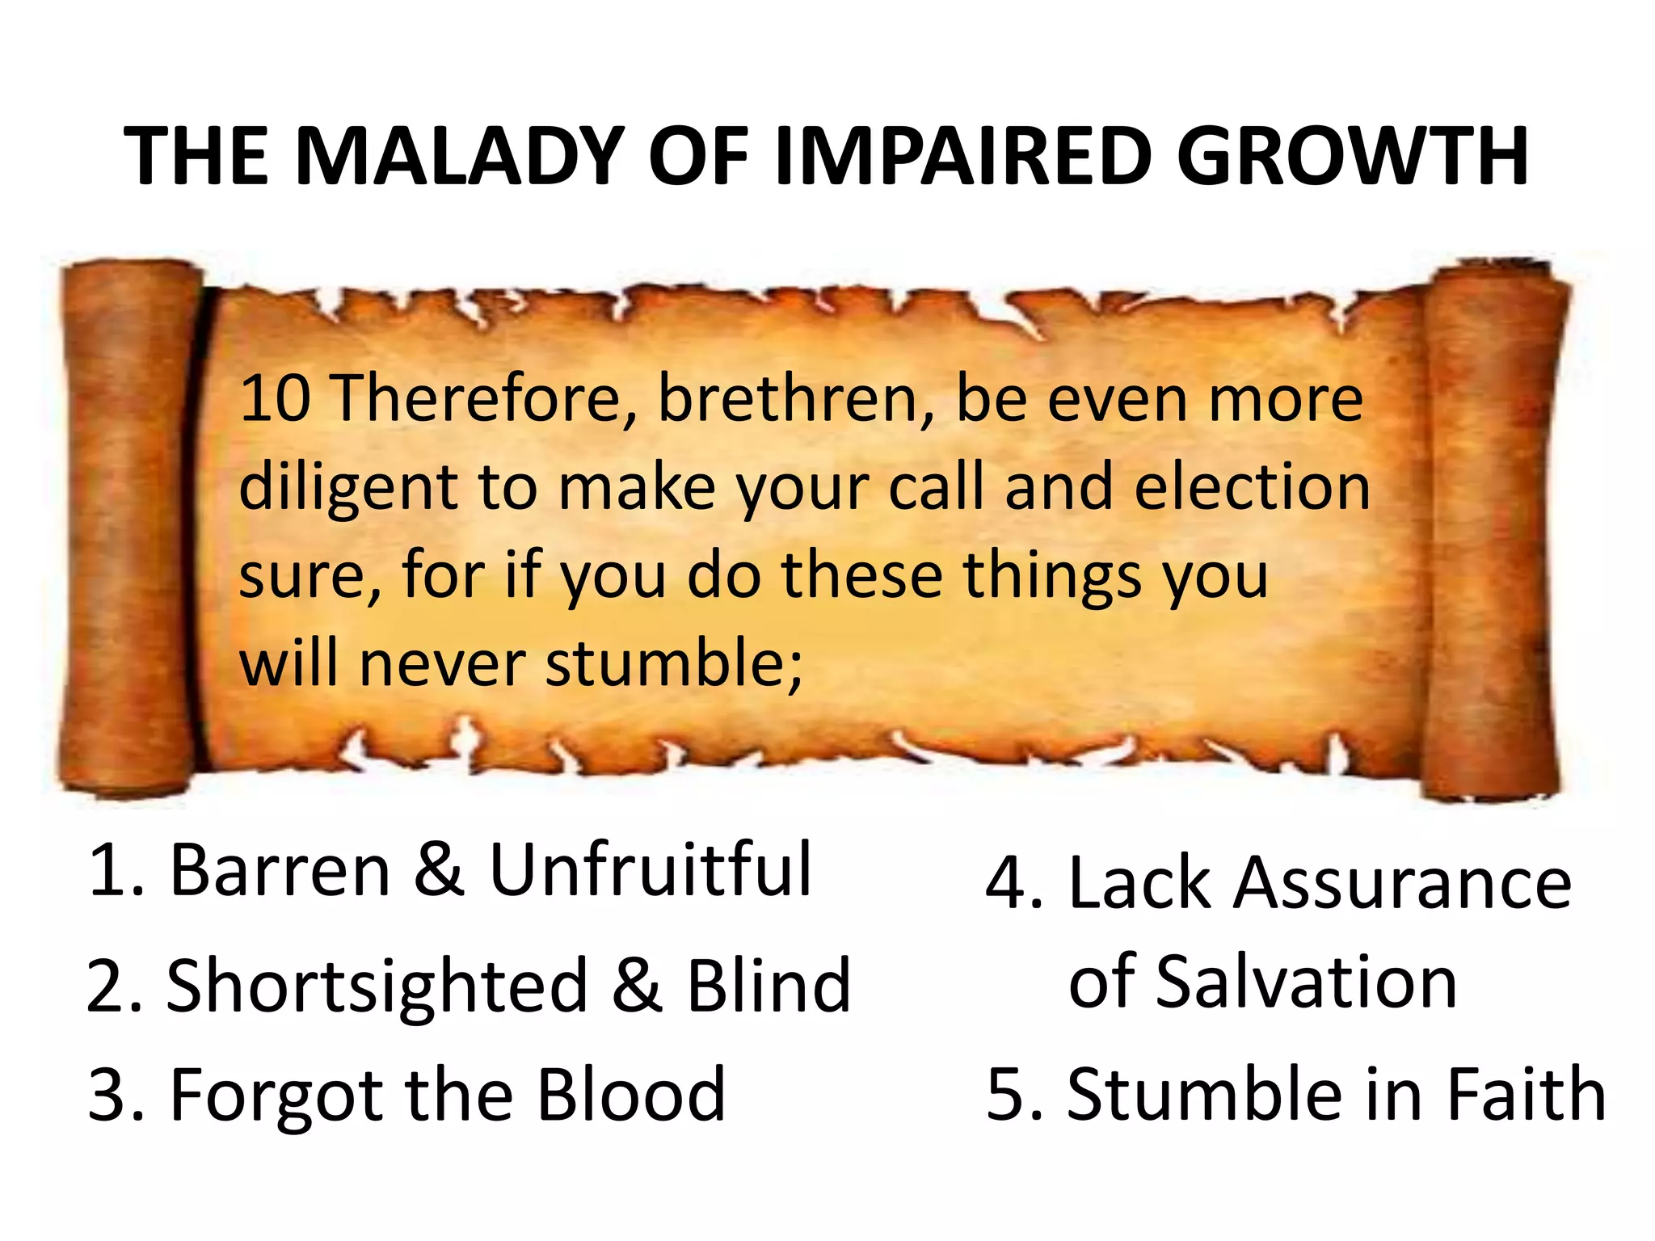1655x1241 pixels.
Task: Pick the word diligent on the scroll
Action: (x=348, y=489)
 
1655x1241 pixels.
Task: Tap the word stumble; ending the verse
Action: (x=674, y=663)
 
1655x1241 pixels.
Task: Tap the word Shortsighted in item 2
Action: (x=377, y=987)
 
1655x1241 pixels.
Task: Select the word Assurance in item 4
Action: (x=1401, y=882)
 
